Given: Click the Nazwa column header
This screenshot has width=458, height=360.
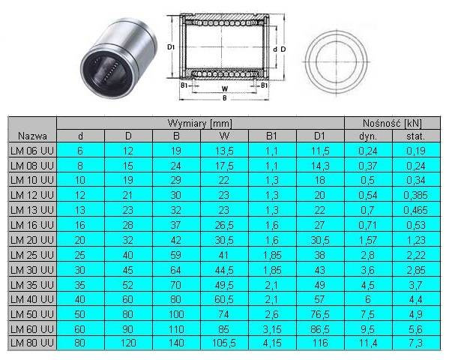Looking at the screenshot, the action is coord(32,136).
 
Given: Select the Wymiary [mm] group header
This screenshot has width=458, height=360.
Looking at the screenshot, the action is coord(200,123).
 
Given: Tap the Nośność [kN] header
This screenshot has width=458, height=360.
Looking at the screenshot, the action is coord(392,123).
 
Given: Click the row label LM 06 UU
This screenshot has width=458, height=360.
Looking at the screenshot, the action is coord(32,151).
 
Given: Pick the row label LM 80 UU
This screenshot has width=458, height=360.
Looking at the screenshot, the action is coord(32,343).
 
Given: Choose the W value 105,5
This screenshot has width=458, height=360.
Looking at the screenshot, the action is coord(223,343).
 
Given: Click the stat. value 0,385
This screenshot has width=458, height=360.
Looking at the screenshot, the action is coord(415,195).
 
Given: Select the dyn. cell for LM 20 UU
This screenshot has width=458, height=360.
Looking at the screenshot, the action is coord(368,240).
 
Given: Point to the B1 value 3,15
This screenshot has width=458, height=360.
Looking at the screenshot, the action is coord(272,329).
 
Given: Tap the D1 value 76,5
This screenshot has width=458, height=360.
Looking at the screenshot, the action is coord(320,314).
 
